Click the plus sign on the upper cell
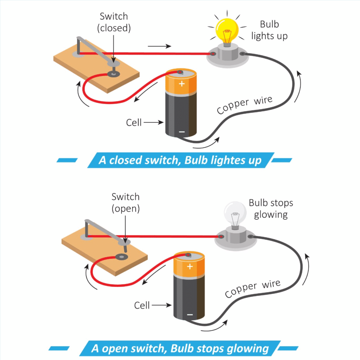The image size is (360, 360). click(x=181, y=84)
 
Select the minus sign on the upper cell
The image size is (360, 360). click(x=181, y=131)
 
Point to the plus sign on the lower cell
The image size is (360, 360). click(x=190, y=266)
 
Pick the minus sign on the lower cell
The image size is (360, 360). click(x=190, y=314)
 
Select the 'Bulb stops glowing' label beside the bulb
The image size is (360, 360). click(x=271, y=208)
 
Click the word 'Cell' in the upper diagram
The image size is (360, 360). click(x=134, y=122)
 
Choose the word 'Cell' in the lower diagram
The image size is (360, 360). click(x=142, y=305)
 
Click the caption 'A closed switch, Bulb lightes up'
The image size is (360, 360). click(x=180, y=160)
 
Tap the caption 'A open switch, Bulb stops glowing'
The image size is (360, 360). click(x=180, y=348)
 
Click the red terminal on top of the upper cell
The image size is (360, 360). click(x=180, y=73)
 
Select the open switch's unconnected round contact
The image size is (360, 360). click(x=122, y=257)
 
